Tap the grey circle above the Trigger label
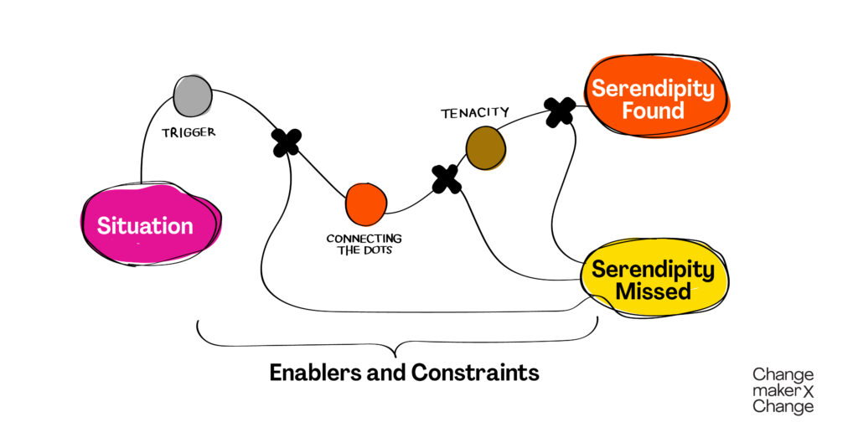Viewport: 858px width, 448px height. [193, 95]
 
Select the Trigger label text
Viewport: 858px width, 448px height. [189, 131]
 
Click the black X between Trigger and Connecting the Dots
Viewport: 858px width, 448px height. [287, 142]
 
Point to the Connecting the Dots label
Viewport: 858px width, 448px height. [364, 245]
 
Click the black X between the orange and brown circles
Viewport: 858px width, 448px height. [446, 178]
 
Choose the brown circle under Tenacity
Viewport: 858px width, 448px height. [486, 148]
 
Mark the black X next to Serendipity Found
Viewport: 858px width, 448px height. [559, 111]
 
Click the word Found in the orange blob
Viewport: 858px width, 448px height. [653, 111]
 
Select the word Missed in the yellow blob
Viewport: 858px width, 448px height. [653, 291]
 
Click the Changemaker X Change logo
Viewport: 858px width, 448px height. [783, 390]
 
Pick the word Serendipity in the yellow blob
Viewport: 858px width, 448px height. [653, 269]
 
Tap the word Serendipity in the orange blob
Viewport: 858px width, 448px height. [653, 88]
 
